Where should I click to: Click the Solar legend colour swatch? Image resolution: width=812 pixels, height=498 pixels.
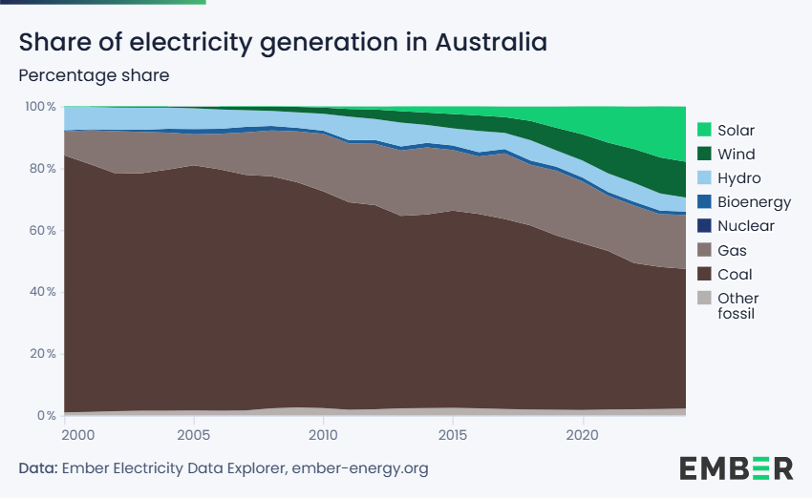[704, 130]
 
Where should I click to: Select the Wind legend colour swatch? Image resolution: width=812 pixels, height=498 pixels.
[704, 154]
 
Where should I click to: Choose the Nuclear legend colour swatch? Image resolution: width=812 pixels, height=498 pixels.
[704, 226]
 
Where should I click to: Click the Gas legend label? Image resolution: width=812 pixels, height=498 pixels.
[732, 251]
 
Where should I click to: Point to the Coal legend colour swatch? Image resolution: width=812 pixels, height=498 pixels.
[704, 275]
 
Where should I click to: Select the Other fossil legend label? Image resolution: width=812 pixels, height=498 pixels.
[737, 305]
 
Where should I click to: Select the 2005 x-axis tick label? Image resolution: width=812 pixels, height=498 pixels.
[194, 435]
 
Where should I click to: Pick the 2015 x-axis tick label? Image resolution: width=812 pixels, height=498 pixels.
[453, 435]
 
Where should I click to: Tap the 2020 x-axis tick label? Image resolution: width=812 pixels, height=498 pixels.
[583, 435]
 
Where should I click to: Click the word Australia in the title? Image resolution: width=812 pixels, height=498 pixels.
[491, 43]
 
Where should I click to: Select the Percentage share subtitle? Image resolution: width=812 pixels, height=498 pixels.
[94, 75]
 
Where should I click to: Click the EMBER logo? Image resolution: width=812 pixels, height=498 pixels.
[736, 467]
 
